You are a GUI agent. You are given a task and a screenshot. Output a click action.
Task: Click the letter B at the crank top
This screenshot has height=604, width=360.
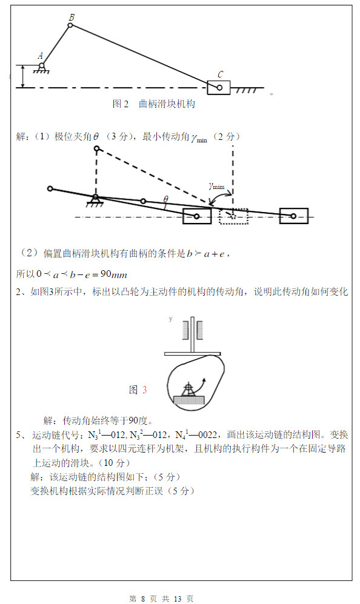point(72,18)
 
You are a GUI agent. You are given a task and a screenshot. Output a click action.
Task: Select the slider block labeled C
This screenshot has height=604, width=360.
point(219,87)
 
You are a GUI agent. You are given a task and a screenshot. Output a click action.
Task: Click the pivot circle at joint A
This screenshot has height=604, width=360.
point(41,65)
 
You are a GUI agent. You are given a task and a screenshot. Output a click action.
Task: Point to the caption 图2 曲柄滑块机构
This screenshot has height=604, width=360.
point(154,104)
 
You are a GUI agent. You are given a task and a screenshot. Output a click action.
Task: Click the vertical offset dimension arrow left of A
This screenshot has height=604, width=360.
point(22,76)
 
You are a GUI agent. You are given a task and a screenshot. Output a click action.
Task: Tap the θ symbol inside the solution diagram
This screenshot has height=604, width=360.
point(165,199)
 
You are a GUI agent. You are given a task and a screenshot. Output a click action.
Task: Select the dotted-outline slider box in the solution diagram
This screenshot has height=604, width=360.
point(233,216)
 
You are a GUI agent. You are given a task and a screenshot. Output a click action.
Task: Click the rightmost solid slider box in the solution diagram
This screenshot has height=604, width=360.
point(294,216)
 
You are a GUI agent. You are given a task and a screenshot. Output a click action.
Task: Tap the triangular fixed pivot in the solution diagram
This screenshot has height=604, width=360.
point(95,199)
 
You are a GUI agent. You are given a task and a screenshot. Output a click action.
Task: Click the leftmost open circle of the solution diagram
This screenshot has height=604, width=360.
point(50,188)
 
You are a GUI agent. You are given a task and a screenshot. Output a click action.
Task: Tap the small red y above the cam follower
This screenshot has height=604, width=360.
point(171,318)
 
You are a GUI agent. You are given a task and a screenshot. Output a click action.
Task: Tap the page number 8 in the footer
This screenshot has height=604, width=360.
point(143,599)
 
